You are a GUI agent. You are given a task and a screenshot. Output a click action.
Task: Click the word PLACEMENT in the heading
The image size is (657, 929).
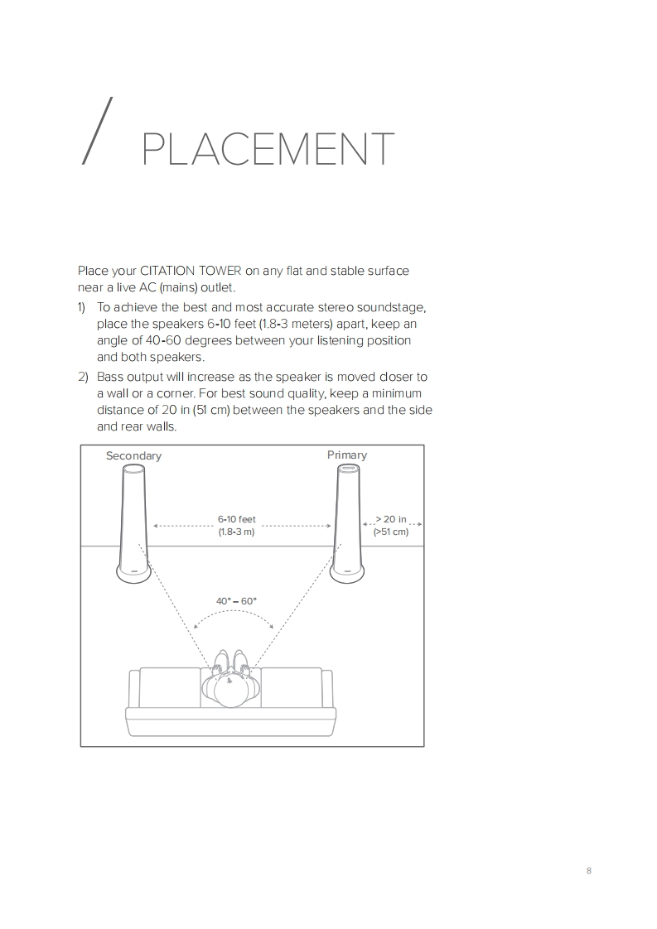coord(268,149)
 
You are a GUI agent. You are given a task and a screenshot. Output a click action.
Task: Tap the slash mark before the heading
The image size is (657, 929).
coord(97,130)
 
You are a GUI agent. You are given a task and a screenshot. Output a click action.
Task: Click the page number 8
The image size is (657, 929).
coord(589,870)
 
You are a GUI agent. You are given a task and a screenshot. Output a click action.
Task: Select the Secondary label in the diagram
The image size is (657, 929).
coord(133,455)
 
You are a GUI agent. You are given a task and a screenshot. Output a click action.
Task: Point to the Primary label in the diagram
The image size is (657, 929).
coord(347,455)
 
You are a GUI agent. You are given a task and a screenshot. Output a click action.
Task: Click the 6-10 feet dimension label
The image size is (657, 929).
coord(237,519)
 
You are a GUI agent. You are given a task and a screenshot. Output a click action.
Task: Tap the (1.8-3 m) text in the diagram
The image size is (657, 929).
coord(237,532)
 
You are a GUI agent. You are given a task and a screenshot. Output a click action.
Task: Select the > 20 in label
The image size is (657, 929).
coord(391,519)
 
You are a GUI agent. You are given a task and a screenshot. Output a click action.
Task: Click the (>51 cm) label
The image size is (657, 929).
coord(391,532)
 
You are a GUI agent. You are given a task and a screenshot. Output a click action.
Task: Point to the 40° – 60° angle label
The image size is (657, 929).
coord(236,601)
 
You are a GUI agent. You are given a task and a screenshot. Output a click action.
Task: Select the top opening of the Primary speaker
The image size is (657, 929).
coord(347,469)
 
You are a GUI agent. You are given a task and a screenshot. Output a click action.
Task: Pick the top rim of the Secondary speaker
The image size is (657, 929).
coord(133,469)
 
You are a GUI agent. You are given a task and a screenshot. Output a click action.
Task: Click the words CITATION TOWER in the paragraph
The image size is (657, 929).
coord(191,271)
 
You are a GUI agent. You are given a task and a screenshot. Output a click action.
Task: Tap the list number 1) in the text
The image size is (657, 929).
coord(82,307)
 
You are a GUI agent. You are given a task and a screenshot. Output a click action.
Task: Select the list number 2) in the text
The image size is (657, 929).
coord(82,377)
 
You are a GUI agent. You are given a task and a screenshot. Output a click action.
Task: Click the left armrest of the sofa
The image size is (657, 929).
coord(134,688)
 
